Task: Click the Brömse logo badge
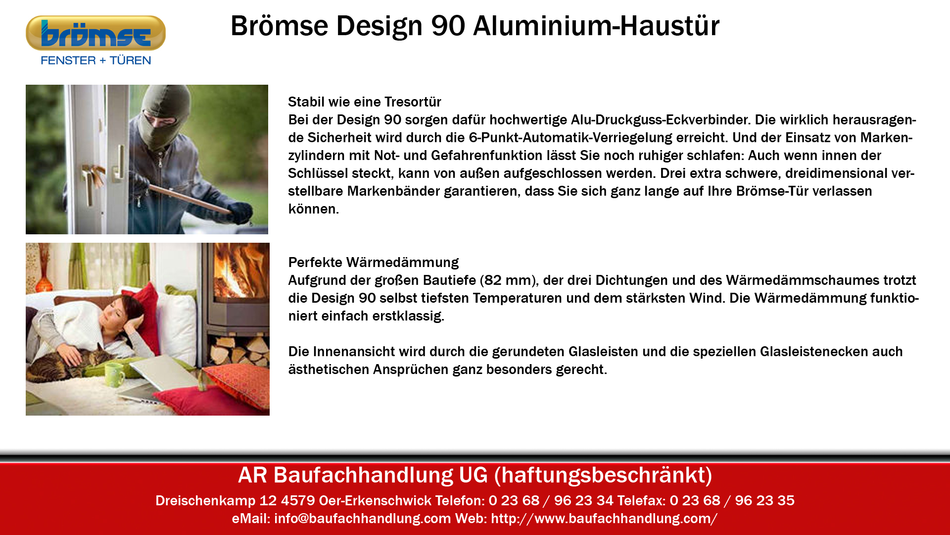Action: [x=95, y=33]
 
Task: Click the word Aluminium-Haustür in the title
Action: [x=596, y=26]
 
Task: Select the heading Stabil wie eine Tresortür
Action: [x=365, y=102]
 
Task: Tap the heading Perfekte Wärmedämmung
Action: [x=374, y=262]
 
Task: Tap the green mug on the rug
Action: [x=115, y=374]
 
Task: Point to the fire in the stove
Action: [x=240, y=270]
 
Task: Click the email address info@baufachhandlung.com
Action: [x=363, y=518]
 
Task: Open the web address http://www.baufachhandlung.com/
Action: [x=605, y=518]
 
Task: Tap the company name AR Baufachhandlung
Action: [x=345, y=475]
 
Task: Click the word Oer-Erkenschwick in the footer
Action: [x=375, y=500]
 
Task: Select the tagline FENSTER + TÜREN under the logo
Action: [x=96, y=60]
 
